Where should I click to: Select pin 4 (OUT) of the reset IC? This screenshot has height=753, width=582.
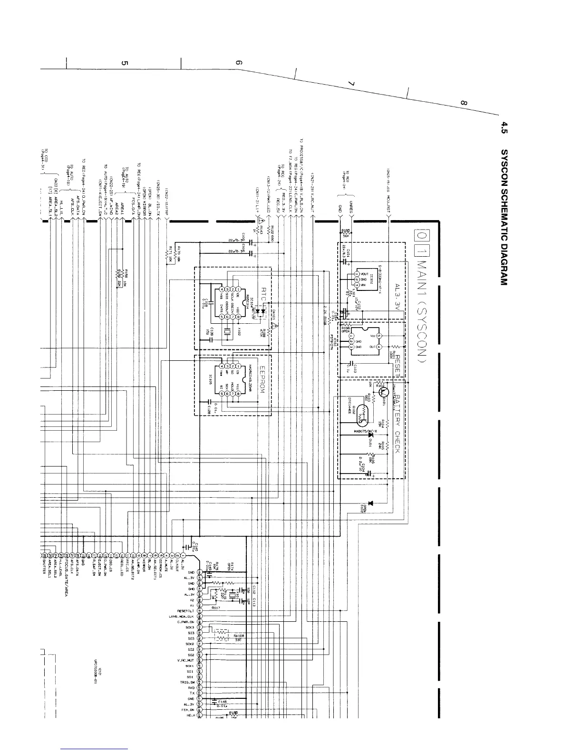[379, 347]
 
